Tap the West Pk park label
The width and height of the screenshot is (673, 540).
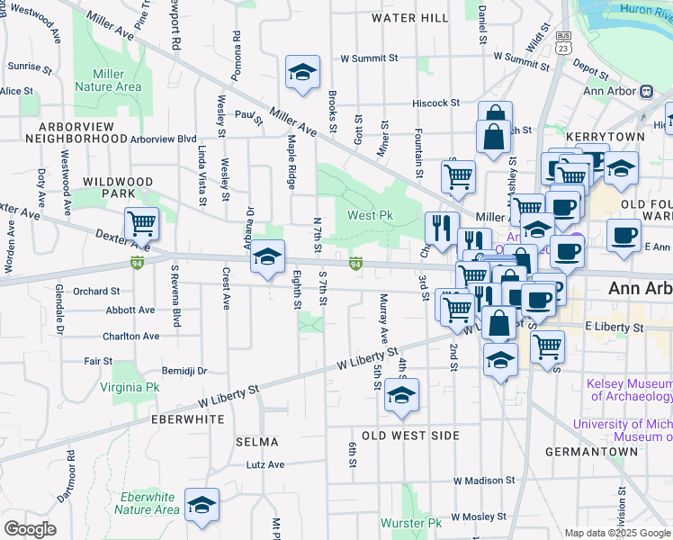pyautogui.click(x=371, y=216)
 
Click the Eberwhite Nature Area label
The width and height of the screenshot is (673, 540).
pyautogui.click(x=148, y=503)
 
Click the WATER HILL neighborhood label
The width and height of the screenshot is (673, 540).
pyautogui.click(x=409, y=18)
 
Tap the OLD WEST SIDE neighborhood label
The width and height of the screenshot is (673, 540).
pyautogui.click(x=410, y=436)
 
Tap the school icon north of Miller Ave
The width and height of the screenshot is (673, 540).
pyautogui.click(x=303, y=71)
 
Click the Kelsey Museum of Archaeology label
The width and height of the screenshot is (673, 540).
pyautogui.click(x=630, y=390)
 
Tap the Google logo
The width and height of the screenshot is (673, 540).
pyautogui.click(x=30, y=529)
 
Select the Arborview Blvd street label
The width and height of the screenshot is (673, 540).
pyautogui.click(x=163, y=139)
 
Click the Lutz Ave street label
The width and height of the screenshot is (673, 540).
pyautogui.click(x=265, y=465)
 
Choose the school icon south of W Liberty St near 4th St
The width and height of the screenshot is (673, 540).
pyautogui.click(x=401, y=394)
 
